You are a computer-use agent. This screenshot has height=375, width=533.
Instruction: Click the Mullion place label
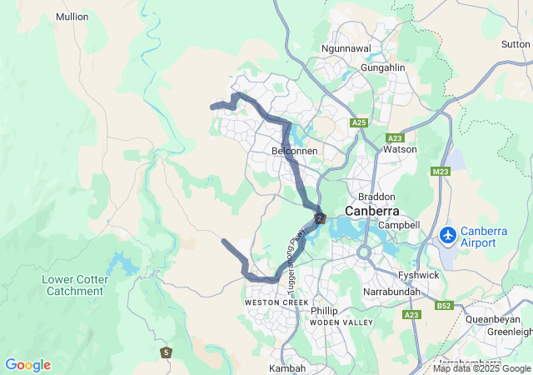[x=72, y=17]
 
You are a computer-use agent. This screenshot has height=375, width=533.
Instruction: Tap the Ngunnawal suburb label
[x=346, y=49]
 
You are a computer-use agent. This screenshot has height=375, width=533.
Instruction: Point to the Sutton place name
[x=516, y=44]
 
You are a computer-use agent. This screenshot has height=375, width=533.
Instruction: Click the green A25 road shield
[x=359, y=123]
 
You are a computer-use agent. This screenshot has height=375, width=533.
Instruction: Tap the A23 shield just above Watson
[x=395, y=137]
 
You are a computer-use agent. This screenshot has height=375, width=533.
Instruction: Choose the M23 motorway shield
[x=441, y=172]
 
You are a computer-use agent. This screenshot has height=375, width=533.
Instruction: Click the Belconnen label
[x=295, y=151]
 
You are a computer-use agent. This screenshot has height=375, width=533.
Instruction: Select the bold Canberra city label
[x=372, y=211]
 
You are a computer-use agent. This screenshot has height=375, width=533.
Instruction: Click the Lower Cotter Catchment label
[x=75, y=285]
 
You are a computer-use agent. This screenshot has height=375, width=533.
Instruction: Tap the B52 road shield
[x=442, y=306]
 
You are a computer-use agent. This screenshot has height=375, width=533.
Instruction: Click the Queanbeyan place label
[x=492, y=318]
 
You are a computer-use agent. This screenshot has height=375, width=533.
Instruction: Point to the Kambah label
[x=286, y=367]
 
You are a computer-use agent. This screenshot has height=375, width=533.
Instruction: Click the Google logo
[x=27, y=365]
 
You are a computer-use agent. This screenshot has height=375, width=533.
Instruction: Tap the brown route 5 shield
[x=167, y=352]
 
